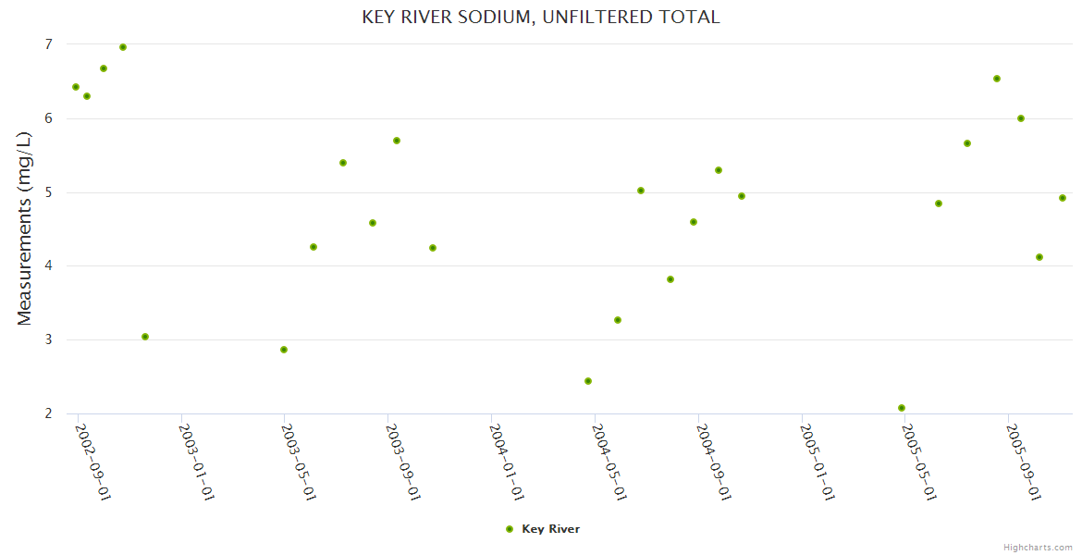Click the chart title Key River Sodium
click(x=540, y=18)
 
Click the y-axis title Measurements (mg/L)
click(x=25, y=228)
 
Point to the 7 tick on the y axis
click(x=47, y=44)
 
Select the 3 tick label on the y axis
click(x=47, y=339)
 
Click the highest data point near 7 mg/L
click(x=123, y=47)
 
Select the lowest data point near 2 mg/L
click(x=902, y=408)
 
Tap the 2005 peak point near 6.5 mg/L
click(x=997, y=79)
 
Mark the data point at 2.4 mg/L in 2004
click(x=588, y=381)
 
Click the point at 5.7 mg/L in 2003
click(x=397, y=141)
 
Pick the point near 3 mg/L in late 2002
click(x=145, y=337)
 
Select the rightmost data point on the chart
click(x=1063, y=198)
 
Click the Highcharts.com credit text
click(x=1039, y=547)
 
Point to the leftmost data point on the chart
click(x=76, y=87)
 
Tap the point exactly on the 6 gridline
click(x=1021, y=118)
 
